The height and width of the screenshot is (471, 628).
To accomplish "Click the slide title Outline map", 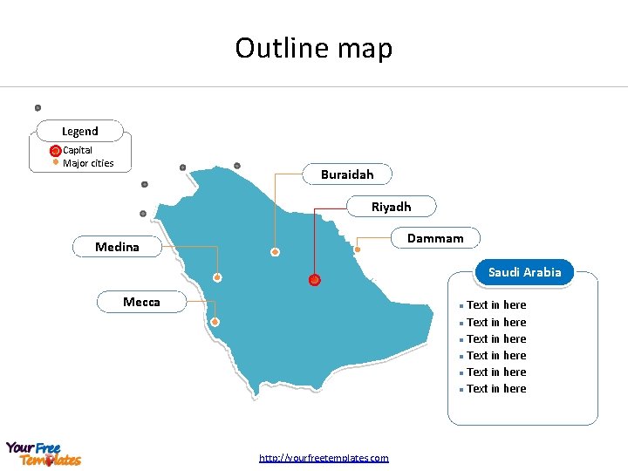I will (x=314, y=48).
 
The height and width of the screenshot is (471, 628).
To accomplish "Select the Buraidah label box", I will (x=347, y=174).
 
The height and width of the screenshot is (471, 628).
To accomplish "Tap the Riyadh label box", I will (x=391, y=207).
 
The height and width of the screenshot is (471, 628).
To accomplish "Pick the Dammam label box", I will (x=435, y=237).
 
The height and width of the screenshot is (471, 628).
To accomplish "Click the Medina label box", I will (x=117, y=247).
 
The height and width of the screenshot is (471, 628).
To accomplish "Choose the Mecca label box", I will (x=141, y=302).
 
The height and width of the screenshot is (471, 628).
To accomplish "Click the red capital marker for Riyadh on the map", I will (x=314, y=280).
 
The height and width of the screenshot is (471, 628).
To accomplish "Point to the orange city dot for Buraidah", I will (x=275, y=252).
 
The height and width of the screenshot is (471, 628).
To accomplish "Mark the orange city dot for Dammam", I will (x=358, y=249).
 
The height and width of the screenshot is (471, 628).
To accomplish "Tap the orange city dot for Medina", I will (x=217, y=278).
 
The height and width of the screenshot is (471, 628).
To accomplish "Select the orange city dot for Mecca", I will (x=215, y=322).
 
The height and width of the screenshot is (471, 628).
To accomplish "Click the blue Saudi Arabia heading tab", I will (x=524, y=272).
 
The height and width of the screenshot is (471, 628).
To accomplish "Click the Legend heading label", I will (x=80, y=131).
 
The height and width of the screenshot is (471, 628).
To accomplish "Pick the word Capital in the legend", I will (x=78, y=150).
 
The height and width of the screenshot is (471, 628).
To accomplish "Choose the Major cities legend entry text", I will (x=88, y=163).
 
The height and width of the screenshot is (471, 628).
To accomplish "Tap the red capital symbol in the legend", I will (x=55, y=151).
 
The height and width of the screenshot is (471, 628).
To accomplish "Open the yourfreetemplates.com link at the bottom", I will (x=324, y=458).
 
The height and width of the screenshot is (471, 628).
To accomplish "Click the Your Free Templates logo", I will (x=43, y=454).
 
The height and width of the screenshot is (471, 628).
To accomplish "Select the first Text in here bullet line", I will (x=496, y=305).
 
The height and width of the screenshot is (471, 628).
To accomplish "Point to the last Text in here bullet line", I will (x=496, y=389).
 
